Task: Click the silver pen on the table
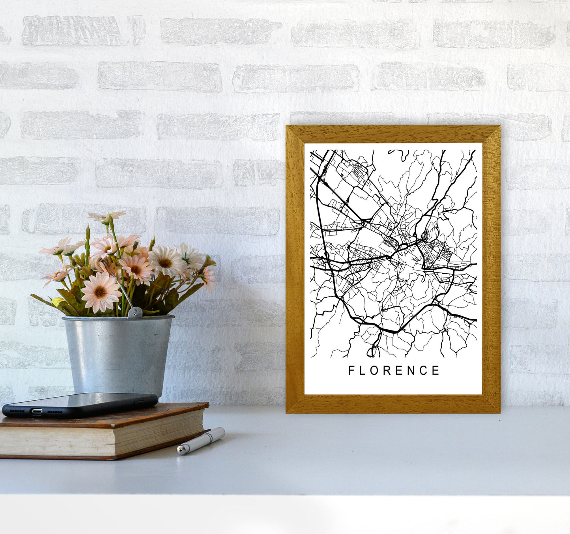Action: point(201,441)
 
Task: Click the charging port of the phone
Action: point(37,411)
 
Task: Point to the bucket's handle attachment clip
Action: point(135,312)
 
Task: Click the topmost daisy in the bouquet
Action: point(107,217)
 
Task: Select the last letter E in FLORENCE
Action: point(436,370)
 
